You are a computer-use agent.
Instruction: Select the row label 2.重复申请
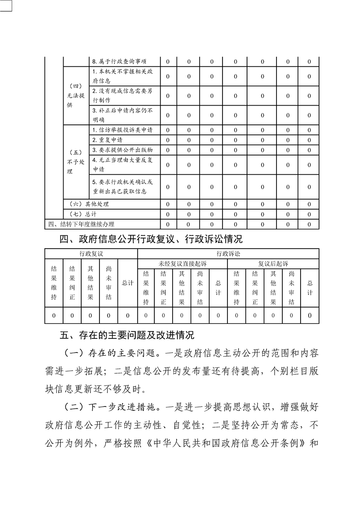coord(107,140)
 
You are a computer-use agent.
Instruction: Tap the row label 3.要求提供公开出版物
coord(122,150)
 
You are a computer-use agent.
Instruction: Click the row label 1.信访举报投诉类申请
coord(122,130)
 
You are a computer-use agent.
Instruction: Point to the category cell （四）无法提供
coord(76,95)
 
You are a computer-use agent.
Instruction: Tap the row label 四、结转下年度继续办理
coord(81,224)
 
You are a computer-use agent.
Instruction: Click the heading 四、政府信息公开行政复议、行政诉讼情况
coord(151,239)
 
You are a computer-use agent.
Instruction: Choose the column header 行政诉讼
coord(227,253)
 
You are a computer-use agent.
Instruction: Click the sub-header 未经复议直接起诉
coord(182,263)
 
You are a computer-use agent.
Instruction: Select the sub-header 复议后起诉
coord(273,263)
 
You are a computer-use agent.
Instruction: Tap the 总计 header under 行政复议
coord(128,283)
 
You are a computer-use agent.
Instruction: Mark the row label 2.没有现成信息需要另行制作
coord(122,95)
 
